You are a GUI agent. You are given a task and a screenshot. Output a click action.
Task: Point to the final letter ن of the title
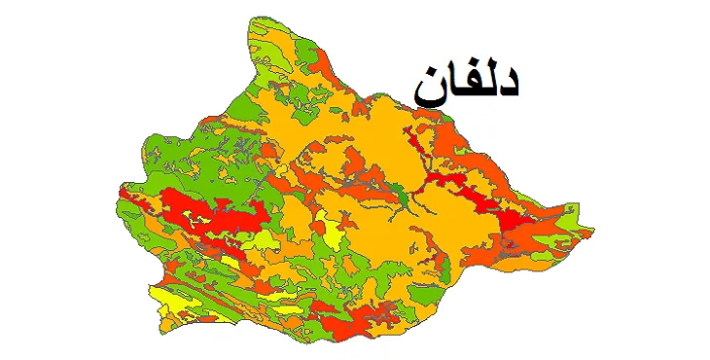(x=430, y=90)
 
